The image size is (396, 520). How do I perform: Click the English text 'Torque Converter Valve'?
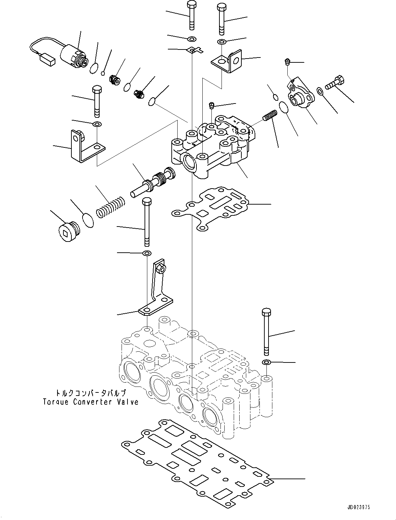pyautogui.click(x=91, y=402)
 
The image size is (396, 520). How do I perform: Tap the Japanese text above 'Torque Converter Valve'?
pyautogui.click(x=91, y=393)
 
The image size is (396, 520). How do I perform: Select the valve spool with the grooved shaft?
pyautogui.click(x=153, y=181)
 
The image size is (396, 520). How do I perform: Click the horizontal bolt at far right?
pyautogui.click(x=335, y=83)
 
